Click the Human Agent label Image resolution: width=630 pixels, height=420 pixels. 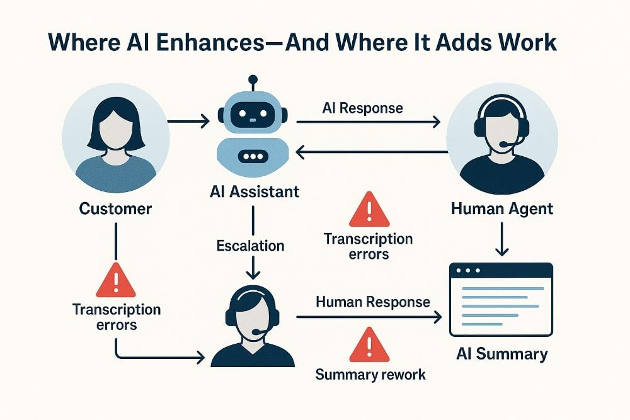(502, 208)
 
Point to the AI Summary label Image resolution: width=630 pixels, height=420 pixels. (501, 354)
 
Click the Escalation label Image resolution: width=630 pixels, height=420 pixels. (250, 244)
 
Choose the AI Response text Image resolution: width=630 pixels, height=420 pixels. (362, 108)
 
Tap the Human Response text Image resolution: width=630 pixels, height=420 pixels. (373, 302)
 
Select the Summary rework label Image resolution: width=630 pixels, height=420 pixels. (370, 375)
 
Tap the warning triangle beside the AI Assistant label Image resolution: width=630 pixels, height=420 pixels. (369, 208)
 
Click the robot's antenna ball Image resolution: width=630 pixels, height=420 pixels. (253, 80)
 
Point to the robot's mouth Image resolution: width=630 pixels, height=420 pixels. (253, 156)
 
